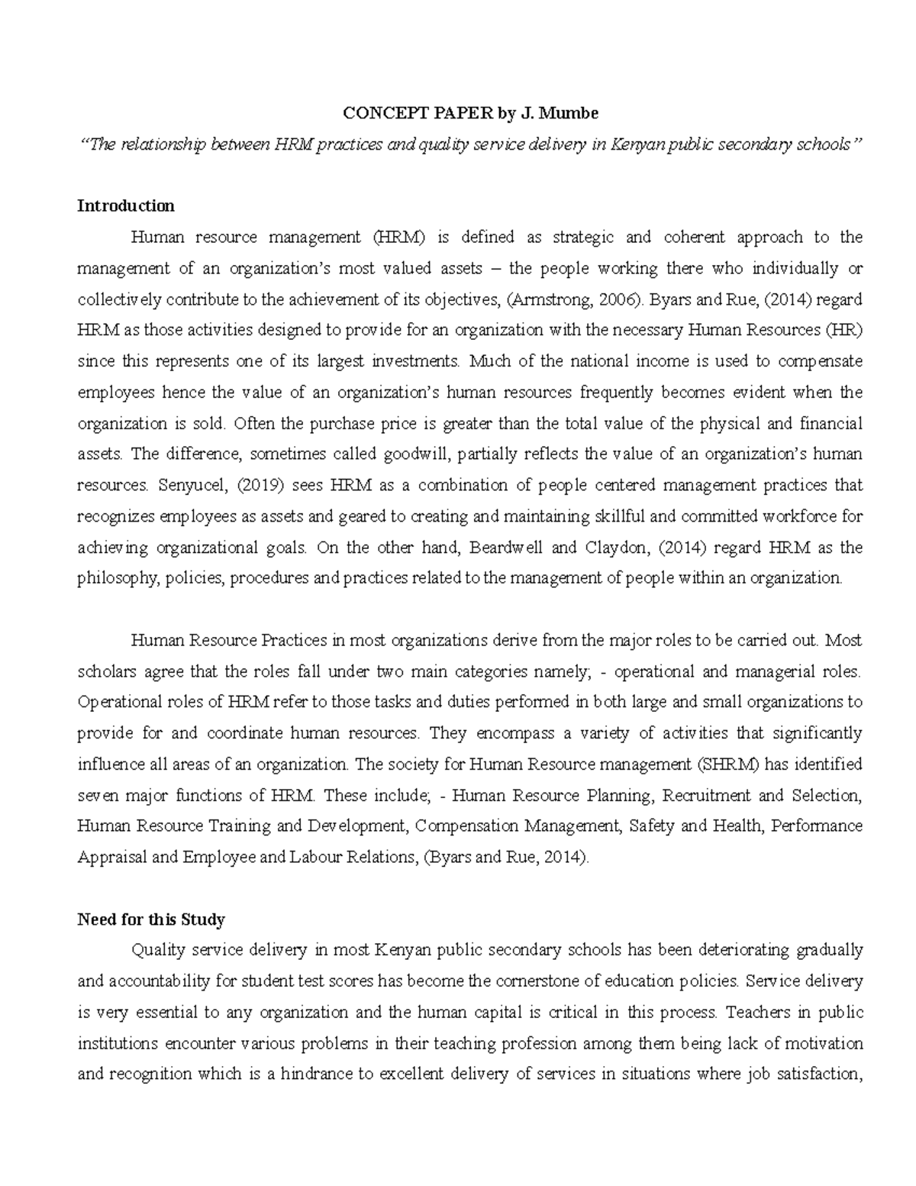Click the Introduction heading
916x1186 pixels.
126,205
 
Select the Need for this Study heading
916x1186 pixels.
151,919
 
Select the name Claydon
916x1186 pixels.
624,548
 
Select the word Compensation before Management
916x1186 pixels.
466,826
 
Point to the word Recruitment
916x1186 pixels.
707,796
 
